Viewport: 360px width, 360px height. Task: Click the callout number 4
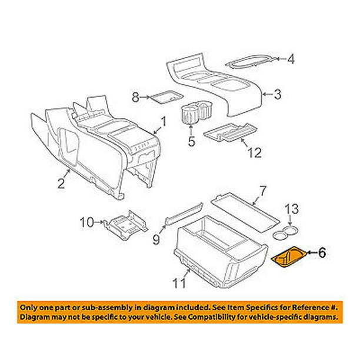point(291,59)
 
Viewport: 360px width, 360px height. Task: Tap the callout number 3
point(278,94)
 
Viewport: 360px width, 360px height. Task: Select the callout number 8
point(135,97)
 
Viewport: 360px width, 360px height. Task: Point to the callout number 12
point(255,153)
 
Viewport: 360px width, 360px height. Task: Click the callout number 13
point(292,209)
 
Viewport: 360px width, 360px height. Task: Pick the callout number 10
point(87,222)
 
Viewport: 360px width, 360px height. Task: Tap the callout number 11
point(179,283)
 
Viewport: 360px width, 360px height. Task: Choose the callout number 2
point(61,184)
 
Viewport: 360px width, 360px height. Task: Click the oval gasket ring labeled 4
point(251,62)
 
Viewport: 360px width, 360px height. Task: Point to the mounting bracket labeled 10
point(126,225)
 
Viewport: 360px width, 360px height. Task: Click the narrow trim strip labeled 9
point(184,214)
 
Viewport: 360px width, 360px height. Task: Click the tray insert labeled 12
point(230,132)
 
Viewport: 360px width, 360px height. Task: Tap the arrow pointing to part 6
point(312,253)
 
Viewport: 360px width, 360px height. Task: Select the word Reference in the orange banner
point(307,307)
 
